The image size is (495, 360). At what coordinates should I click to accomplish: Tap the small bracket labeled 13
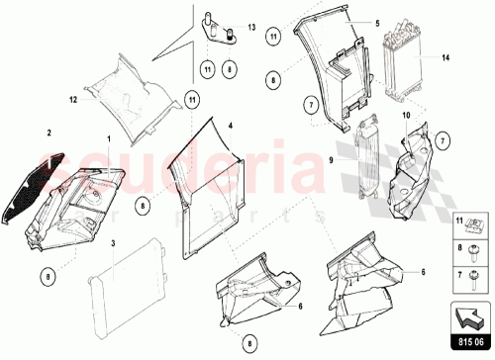(x=218, y=27)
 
